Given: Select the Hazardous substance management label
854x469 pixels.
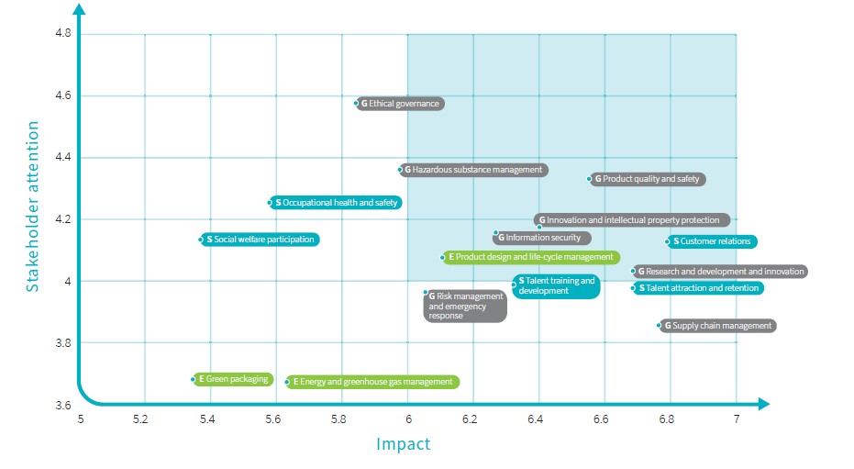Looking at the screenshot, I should click(x=474, y=170).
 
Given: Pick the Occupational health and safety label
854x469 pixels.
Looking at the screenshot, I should click(x=337, y=202).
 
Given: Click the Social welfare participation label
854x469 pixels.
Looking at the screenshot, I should click(x=261, y=240).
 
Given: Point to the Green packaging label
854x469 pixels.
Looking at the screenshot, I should click(x=233, y=379).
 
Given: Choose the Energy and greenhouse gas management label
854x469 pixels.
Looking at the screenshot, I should click(x=372, y=382).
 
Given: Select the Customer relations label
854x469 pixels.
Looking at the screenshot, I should click(x=712, y=241).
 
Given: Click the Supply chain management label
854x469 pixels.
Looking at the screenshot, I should click(x=718, y=326).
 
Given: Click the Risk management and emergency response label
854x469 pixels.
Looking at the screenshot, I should click(x=466, y=306).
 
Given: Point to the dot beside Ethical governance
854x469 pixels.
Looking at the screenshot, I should click(x=357, y=103).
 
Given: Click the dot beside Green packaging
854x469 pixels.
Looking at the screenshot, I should click(x=194, y=379).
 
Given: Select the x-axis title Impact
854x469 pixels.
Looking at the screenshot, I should click(x=403, y=445).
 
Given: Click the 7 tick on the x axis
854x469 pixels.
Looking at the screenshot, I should click(x=735, y=419).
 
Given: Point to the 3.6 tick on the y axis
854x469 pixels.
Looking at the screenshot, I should click(x=62, y=405).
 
